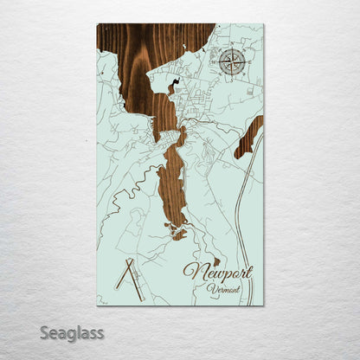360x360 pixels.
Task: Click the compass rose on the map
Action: point(230,61)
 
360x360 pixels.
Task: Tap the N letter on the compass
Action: point(230,51)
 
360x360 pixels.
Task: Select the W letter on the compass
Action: point(219,61)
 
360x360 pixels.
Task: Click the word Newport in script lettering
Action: point(217,273)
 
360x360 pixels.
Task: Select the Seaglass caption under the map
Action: point(77,332)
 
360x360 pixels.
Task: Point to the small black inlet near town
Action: point(176,86)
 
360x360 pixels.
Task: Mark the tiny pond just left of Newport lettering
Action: point(216,260)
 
